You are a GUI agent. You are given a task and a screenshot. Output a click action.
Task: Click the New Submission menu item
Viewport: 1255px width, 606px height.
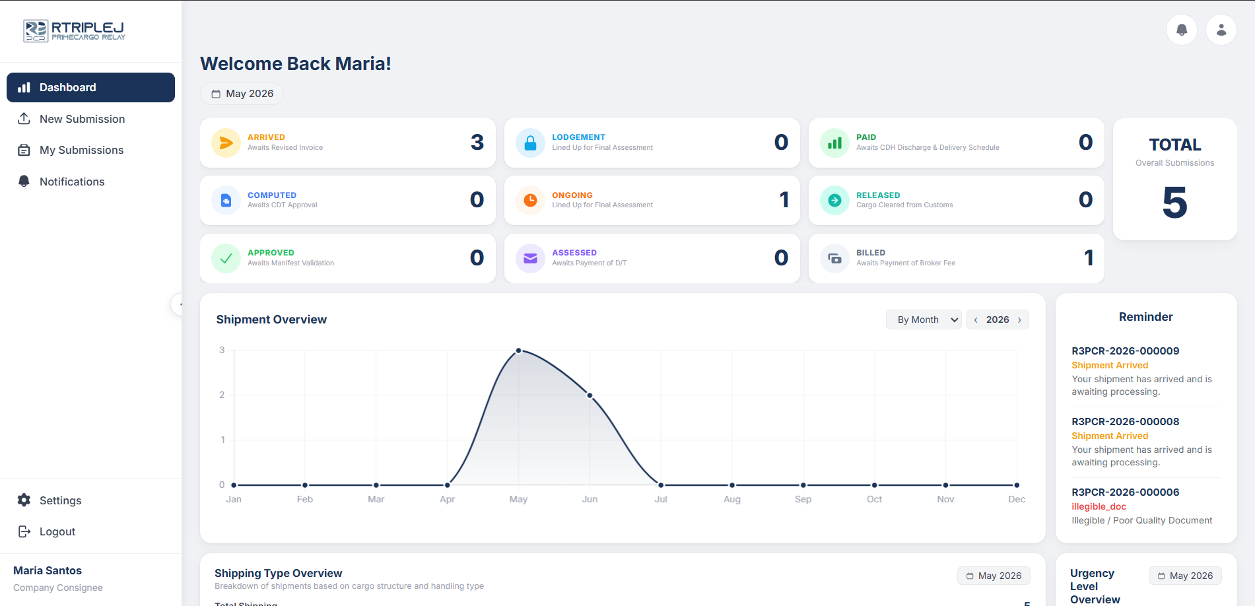tap(82, 119)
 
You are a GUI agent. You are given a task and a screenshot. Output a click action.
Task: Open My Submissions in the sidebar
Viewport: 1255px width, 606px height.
tap(81, 150)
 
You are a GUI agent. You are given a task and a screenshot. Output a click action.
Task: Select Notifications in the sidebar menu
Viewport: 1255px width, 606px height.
tap(72, 182)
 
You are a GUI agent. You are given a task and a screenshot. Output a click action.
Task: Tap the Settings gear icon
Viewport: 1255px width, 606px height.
tap(24, 500)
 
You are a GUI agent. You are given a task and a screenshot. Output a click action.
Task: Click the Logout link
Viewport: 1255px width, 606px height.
tap(57, 531)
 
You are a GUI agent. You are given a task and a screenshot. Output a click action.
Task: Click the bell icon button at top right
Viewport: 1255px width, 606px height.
tap(1182, 30)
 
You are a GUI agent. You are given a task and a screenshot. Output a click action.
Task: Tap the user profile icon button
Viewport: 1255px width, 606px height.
tap(1221, 30)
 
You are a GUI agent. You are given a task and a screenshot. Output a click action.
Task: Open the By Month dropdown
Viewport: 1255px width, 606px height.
tap(924, 320)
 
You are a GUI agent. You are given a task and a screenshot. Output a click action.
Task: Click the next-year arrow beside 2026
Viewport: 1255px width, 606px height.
tap(1019, 320)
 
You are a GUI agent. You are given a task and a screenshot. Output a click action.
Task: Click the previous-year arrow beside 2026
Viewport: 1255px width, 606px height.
tap(976, 320)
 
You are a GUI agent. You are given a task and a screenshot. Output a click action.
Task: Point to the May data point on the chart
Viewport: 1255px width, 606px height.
tap(519, 351)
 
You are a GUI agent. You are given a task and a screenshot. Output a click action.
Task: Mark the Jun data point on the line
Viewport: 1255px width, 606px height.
tap(590, 395)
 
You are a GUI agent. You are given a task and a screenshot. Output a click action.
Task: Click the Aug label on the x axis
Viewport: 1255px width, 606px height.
tap(732, 499)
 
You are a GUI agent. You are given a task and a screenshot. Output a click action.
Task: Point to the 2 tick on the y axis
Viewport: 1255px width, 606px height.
tap(222, 395)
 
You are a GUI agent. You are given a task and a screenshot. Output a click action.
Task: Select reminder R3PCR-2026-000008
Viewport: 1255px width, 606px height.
tap(1125, 421)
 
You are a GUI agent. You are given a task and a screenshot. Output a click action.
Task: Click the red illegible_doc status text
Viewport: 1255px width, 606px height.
tap(1099, 506)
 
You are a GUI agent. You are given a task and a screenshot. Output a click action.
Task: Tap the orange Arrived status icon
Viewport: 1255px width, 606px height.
tap(226, 143)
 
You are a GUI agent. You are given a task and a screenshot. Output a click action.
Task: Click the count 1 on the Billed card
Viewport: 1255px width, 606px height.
tap(1089, 257)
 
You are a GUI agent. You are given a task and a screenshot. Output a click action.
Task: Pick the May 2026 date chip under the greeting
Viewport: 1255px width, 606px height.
tap(242, 94)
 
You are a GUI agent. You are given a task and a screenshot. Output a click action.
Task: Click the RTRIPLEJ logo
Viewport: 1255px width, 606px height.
tap(74, 30)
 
